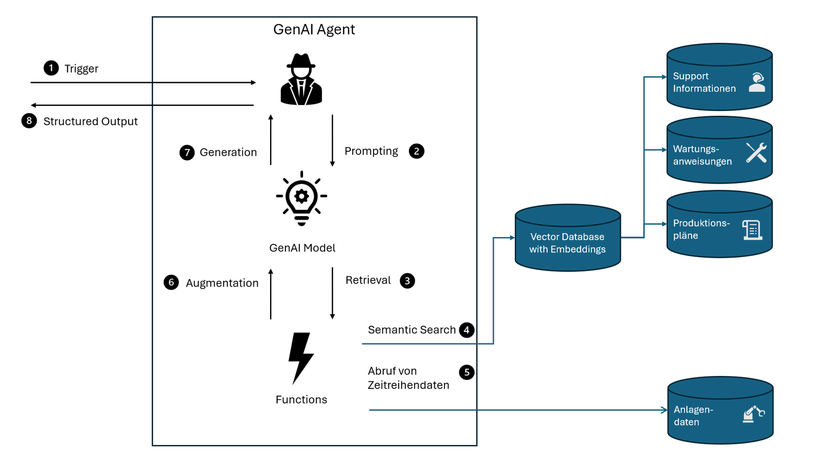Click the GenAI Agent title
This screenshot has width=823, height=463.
click(314, 29)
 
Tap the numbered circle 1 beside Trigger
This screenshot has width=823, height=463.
click(51, 68)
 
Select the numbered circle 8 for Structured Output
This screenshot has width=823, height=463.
click(29, 121)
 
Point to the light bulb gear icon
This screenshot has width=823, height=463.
click(301, 198)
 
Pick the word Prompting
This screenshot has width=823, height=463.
click(371, 151)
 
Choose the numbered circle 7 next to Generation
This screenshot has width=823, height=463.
click(187, 152)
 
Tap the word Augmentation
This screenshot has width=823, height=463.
click(222, 283)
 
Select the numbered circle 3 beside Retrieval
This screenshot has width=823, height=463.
click(407, 281)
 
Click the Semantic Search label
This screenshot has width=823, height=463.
click(411, 330)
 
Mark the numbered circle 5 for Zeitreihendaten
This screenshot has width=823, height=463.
click(467, 372)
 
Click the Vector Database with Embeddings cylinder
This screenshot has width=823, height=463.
click(567, 239)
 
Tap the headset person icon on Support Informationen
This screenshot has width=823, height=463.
click(757, 82)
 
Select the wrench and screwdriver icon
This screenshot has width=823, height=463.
click(756, 153)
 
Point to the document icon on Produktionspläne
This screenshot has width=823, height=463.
click(752, 230)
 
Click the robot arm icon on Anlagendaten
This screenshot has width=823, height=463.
click(754, 414)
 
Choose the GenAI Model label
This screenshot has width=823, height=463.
click(302, 248)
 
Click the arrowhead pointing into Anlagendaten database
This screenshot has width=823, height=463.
click(664, 410)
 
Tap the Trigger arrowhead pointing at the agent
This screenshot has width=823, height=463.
click(253, 82)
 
